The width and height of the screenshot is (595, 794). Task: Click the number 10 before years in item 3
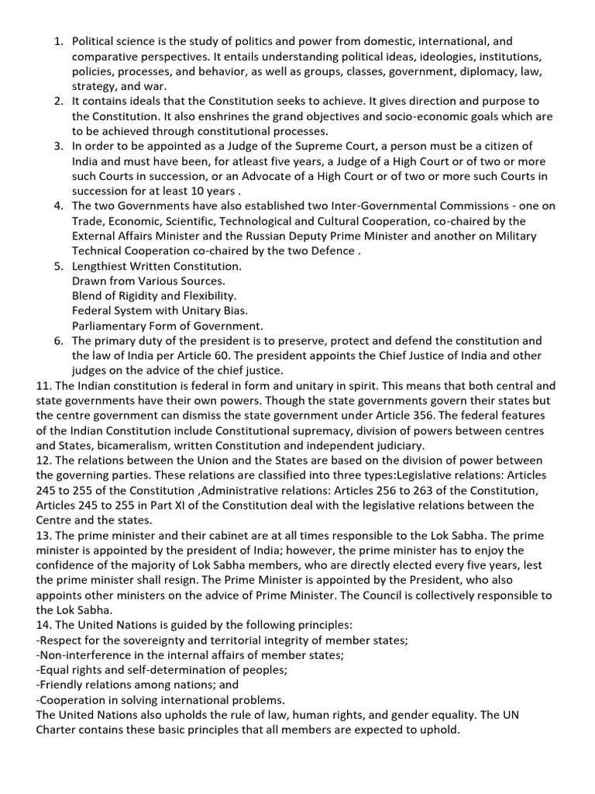click(x=199, y=190)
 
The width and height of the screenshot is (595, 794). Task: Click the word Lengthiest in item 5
click(x=101, y=266)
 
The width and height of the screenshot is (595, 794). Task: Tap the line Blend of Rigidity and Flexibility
click(x=154, y=295)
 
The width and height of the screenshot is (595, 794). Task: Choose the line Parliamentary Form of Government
click(x=168, y=326)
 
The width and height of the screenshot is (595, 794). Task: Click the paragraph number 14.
click(x=44, y=625)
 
